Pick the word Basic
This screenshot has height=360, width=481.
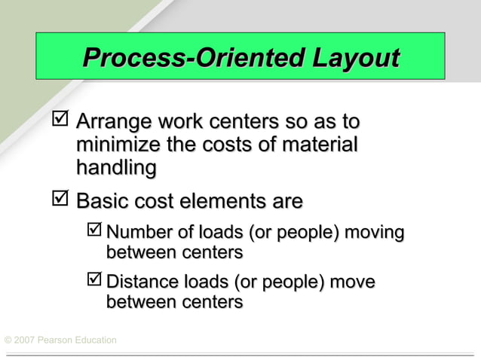pyautogui.click(x=103, y=202)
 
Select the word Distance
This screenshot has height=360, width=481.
pyautogui.click(x=139, y=282)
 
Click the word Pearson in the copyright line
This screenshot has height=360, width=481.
pyautogui.click(x=61, y=340)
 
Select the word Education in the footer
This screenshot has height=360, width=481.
pyautogui.click(x=99, y=340)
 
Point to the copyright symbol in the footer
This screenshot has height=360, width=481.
pyautogui.click(x=8, y=340)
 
